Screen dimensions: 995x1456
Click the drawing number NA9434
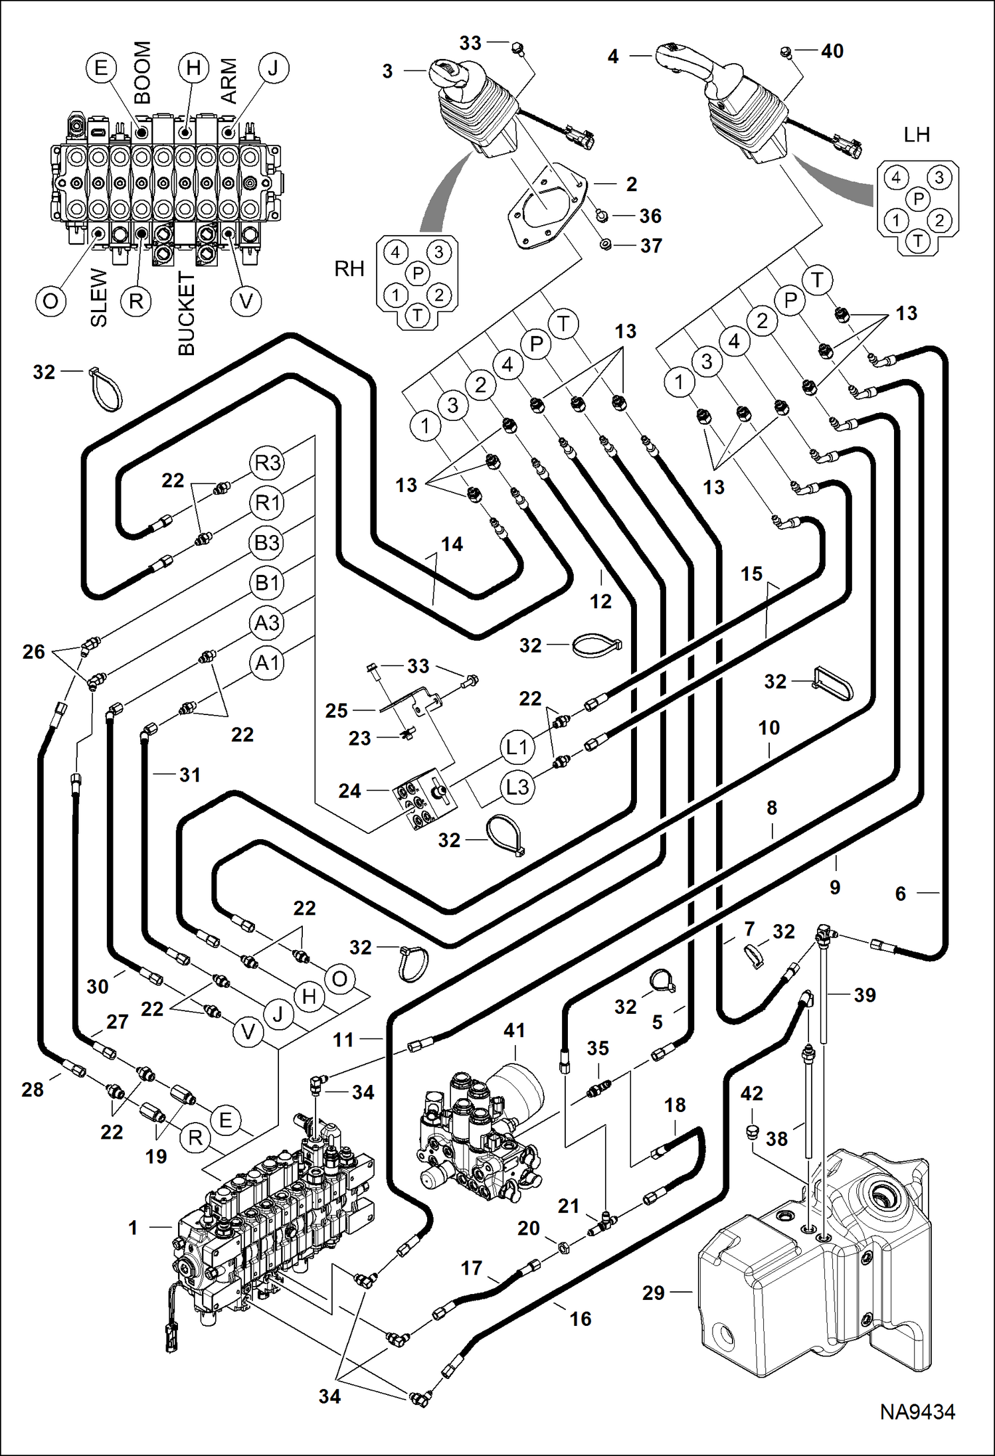pyautogui.click(x=917, y=1412)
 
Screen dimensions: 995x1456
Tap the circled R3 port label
pyautogui.click(x=267, y=463)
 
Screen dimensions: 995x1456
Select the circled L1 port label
pyautogui.click(x=516, y=748)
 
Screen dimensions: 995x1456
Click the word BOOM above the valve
pyautogui.click(x=143, y=72)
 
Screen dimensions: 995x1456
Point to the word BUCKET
pyautogui.click(x=187, y=313)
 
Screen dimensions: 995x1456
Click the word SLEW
pyautogui.click(x=98, y=297)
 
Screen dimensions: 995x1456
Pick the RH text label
pyautogui.click(x=349, y=269)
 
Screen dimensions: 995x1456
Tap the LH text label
pyautogui.click(x=917, y=135)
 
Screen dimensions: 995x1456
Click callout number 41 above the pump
pyautogui.click(x=515, y=1030)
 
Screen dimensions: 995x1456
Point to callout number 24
pyautogui.click(x=350, y=791)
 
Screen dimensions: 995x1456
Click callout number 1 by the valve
pyautogui.click(x=134, y=1228)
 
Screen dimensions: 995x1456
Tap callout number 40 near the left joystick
pyautogui.click(x=832, y=51)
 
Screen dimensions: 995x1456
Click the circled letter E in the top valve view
pyautogui.click(x=101, y=68)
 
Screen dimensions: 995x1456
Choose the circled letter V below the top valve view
pyautogui.click(x=246, y=301)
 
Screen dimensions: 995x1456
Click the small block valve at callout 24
pyautogui.click(x=423, y=799)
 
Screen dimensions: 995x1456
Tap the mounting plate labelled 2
pyautogui.click(x=549, y=206)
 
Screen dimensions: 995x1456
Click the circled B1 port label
pyautogui.click(x=267, y=583)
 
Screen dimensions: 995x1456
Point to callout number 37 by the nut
pyautogui.click(x=651, y=246)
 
